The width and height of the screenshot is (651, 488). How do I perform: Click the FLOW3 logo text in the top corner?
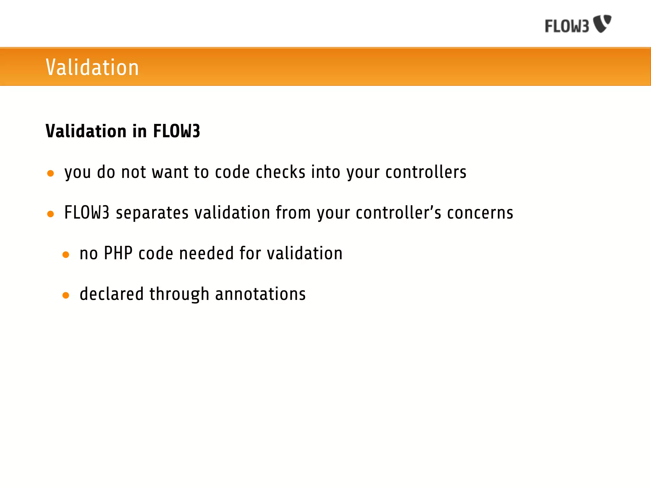(567, 26)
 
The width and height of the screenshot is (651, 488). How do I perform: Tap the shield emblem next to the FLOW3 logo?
(602, 23)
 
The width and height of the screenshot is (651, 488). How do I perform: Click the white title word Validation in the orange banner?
(92, 67)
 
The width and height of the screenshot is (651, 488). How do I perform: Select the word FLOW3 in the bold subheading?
(176, 131)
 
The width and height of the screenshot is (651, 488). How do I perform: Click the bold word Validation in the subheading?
(86, 131)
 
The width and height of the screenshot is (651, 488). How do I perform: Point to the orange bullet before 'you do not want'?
(51, 173)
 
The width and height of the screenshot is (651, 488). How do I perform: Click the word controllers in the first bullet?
(426, 172)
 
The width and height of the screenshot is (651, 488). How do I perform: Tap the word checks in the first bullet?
(281, 172)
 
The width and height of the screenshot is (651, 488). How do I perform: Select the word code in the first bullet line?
(232, 172)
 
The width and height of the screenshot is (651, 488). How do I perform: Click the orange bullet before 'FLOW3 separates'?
(51, 214)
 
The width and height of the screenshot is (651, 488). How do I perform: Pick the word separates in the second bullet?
(152, 213)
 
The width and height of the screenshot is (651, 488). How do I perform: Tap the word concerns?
(480, 213)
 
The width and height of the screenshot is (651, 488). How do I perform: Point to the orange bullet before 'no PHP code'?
(66, 255)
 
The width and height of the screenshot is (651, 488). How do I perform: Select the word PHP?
(118, 253)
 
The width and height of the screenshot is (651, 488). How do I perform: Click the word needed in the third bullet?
(207, 253)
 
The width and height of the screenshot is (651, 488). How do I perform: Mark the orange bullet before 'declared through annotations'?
(66, 295)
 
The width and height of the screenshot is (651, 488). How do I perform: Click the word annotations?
(260, 294)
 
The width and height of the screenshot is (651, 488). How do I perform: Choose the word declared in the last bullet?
(112, 294)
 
